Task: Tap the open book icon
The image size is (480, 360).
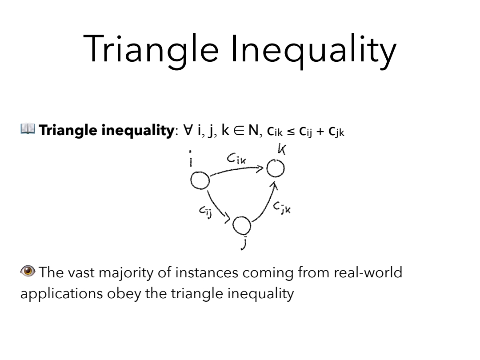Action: pos(28,128)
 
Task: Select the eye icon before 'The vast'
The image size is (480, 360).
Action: pos(28,271)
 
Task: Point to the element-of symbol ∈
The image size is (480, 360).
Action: pos(239,130)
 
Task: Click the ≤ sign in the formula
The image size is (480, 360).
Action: pos(291,132)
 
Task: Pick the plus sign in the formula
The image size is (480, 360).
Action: pos(320,132)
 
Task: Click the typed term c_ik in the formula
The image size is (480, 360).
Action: pos(275,131)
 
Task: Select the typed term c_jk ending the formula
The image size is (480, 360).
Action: pos(336,132)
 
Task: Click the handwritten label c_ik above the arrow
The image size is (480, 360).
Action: pos(236,158)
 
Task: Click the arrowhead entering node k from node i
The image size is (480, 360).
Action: pos(260,168)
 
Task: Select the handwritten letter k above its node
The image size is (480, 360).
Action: pos(282,149)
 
